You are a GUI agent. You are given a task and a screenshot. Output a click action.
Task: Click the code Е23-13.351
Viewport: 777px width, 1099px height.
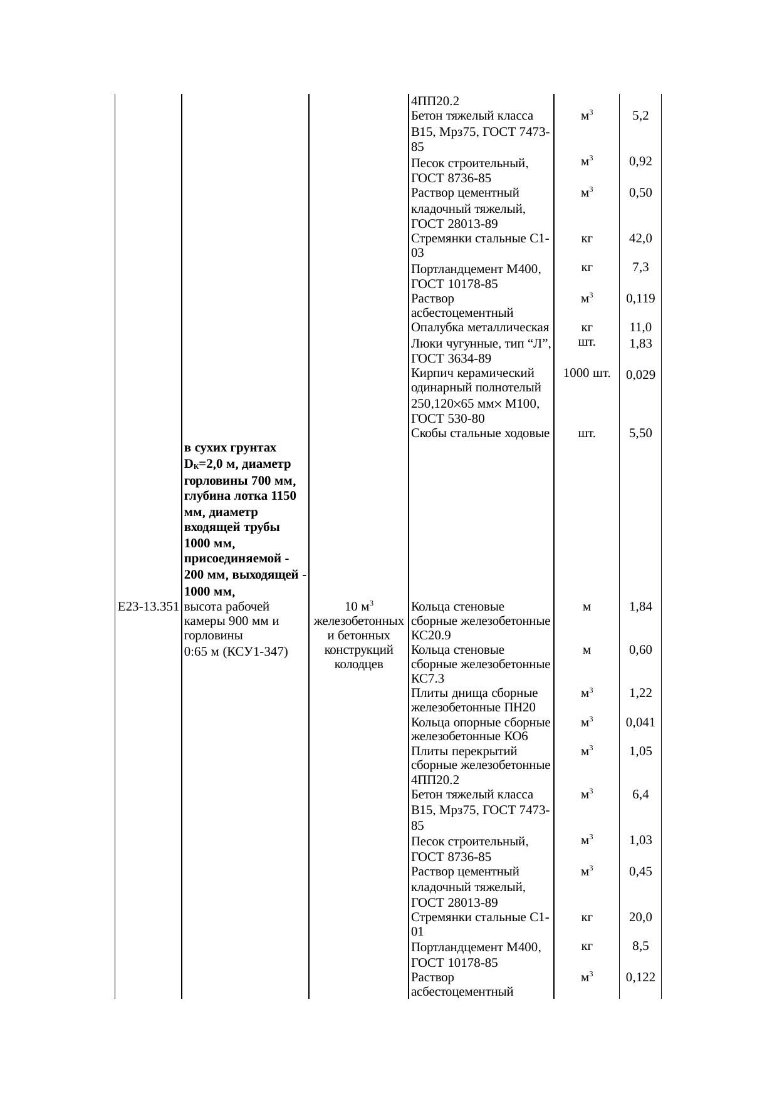(x=149, y=606)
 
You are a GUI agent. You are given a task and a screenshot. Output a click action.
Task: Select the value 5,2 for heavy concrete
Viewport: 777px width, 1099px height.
(x=640, y=115)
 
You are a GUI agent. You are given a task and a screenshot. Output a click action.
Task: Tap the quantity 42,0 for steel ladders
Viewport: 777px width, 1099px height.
(x=640, y=238)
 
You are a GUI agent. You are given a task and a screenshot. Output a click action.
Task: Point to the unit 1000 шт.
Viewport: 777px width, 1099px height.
(x=587, y=374)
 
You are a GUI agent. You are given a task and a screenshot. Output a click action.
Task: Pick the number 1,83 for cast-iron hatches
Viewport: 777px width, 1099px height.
(x=640, y=343)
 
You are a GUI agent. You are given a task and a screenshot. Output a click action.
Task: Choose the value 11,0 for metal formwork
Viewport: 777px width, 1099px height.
(x=640, y=327)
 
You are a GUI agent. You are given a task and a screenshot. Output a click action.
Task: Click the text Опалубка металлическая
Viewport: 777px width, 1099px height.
(x=480, y=328)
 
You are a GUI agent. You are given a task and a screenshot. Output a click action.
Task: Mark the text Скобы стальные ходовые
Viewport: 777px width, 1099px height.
(x=480, y=433)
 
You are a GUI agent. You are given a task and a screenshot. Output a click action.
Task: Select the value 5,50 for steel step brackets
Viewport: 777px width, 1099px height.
(x=640, y=433)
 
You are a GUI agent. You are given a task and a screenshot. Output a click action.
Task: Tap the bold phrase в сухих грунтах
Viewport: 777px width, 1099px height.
(x=230, y=448)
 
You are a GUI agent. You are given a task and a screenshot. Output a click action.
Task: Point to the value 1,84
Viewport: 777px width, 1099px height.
(x=640, y=606)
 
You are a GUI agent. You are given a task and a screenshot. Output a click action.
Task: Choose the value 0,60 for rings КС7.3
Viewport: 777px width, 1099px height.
(x=640, y=650)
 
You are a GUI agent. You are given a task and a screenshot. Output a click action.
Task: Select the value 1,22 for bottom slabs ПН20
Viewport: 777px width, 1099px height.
(x=640, y=693)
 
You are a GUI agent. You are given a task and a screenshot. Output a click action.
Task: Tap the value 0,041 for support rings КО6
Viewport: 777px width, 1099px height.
(x=640, y=722)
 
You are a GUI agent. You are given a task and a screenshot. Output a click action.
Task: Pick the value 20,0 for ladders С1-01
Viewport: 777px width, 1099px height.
(x=640, y=917)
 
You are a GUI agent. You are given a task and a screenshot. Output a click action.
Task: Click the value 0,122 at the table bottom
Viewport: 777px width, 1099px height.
(x=640, y=977)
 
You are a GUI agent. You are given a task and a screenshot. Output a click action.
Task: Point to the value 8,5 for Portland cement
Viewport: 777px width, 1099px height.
(x=640, y=946)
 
